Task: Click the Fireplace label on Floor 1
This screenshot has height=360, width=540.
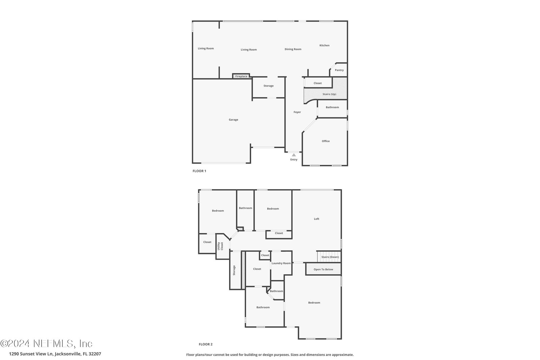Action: [241, 76]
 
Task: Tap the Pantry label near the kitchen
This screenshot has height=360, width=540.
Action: [339, 70]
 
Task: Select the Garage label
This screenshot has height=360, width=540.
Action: [233, 119]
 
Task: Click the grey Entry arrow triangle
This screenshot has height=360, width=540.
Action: [294, 155]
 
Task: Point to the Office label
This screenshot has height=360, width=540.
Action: [326, 141]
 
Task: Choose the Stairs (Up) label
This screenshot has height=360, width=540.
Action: [329, 94]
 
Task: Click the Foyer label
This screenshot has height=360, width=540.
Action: [297, 112]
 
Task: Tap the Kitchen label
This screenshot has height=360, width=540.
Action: [324, 45]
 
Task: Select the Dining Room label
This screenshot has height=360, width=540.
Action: [293, 49]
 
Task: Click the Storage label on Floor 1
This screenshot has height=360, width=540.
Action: [269, 86]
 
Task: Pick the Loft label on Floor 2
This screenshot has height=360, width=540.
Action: [317, 219]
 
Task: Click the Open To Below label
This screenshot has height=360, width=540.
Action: [323, 269]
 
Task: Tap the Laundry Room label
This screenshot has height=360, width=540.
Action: [281, 263]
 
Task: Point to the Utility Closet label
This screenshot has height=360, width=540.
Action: [220, 246]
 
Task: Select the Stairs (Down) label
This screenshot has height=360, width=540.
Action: [330, 257]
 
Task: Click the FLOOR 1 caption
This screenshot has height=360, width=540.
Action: [199, 171]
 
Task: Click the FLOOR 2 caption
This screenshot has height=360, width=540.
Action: [206, 344]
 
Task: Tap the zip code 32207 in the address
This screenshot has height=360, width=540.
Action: [95, 354]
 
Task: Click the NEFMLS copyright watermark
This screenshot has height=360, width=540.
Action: [46, 343]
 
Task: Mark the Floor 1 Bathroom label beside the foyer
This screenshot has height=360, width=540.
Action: [332, 107]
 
